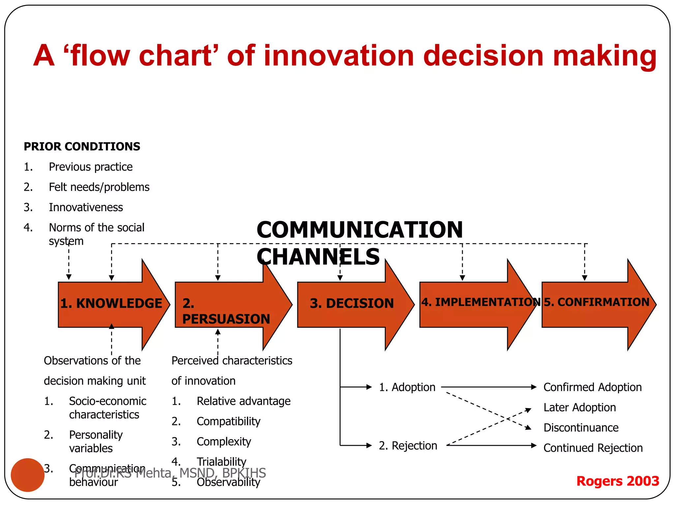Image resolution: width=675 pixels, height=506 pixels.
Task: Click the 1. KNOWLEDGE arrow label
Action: pos(111,303)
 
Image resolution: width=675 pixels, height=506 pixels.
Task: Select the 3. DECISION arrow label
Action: pos(352,303)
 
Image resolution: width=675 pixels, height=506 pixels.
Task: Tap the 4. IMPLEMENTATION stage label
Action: pos(481,302)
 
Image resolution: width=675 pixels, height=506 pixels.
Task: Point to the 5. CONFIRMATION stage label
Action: pos(596,302)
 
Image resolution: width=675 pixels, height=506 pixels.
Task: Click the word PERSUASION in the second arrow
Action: pos(226,319)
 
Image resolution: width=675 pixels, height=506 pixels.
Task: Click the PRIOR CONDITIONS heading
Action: pos(82,147)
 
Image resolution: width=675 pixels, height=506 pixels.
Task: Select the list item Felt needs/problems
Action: pos(99,187)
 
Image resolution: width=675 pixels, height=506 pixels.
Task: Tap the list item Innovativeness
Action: pos(86,208)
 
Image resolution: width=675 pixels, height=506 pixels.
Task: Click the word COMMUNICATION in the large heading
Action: pos(360,230)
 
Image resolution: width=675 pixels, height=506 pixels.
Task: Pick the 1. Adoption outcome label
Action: pos(407,387)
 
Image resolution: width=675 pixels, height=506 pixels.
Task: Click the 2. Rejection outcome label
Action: pos(408,446)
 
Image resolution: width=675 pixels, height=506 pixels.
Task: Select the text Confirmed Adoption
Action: pos(592,387)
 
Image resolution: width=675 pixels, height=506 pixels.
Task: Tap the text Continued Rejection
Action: pos(593,448)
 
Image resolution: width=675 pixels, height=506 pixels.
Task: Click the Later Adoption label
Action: pos(579,408)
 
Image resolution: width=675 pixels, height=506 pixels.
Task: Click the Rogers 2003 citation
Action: pos(618,481)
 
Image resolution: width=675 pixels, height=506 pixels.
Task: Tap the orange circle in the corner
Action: pos(28,475)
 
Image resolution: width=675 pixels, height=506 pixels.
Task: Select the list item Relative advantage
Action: pos(243,401)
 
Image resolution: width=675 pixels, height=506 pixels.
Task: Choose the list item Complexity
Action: pos(223,442)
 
